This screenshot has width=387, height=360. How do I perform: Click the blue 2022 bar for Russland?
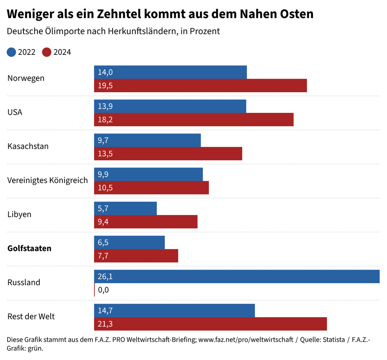(237, 276)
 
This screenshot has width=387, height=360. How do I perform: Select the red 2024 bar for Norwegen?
(200, 85)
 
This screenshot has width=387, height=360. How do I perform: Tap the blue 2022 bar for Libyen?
(125, 208)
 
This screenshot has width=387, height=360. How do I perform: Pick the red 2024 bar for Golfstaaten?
(136, 256)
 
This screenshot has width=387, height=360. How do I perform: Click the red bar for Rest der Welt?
(210, 324)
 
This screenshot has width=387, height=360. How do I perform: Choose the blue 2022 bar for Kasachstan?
(147, 140)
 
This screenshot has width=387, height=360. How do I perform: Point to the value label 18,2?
(105, 120)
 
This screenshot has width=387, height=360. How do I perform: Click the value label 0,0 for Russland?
(103, 290)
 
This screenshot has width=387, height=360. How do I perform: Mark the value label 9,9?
(103, 174)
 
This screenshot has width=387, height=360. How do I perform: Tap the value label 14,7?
(105, 311)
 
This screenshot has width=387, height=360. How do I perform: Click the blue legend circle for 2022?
(11, 52)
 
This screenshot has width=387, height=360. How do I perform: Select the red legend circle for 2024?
(46, 52)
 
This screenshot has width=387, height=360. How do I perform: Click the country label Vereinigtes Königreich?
(48, 180)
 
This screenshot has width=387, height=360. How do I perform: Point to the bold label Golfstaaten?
(29, 248)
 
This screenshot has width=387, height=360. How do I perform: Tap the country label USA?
(15, 112)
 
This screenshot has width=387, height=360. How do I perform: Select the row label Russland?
(24, 282)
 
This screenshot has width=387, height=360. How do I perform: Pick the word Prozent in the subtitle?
(204, 31)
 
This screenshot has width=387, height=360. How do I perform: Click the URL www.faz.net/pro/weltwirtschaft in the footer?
(246, 340)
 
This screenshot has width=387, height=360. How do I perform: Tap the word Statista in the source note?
(333, 340)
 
